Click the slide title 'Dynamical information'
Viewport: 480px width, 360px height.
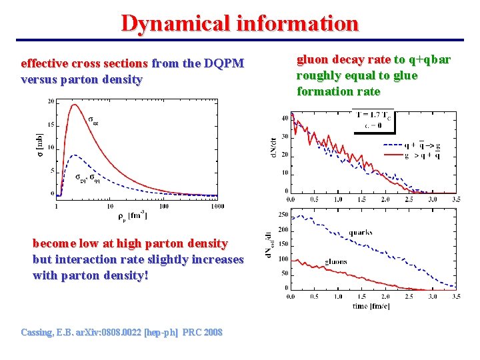(x=240, y=23)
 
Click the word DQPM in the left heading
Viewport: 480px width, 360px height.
(x=224, y=64)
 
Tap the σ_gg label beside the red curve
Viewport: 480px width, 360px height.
(x=94, y=120)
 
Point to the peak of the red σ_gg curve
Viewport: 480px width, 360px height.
(x=73, y=104)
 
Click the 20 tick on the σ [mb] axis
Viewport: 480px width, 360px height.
(x=51, y=101)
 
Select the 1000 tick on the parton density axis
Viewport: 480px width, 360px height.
(x=217, y=206)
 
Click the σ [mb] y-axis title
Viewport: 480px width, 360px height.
(x=39, y=141)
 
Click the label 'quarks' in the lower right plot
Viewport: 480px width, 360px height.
(x=360, y=233)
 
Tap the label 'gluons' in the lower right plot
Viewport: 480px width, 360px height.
(x=336, y=261)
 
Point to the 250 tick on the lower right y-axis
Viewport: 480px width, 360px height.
(x=283, y=214)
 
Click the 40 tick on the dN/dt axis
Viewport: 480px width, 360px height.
(x=285, y=119)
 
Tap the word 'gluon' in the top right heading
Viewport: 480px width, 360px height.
(x=312, y=60)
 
